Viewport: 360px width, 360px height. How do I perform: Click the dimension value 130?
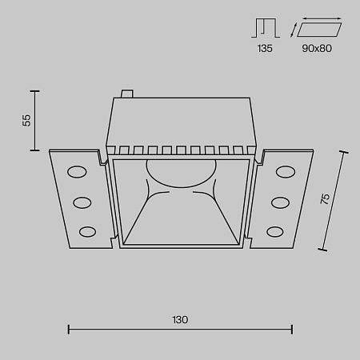[179, 319]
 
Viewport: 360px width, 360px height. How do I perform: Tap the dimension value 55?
[26, 120]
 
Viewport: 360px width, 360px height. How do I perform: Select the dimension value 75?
[325, 199]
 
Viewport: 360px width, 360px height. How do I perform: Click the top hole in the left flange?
[78, 170]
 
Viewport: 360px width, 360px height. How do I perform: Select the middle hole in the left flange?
[82, 201]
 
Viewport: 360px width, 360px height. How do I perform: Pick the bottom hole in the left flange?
[86, 231]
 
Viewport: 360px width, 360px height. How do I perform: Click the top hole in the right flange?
[283, 170]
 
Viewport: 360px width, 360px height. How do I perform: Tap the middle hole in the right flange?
[279, 201]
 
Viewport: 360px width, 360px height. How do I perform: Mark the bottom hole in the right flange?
[275, 231]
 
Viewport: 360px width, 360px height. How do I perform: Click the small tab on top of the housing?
[125, 94]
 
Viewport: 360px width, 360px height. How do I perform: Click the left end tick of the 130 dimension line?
[68, 328]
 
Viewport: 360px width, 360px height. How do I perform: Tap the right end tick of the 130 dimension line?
[292, 328]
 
